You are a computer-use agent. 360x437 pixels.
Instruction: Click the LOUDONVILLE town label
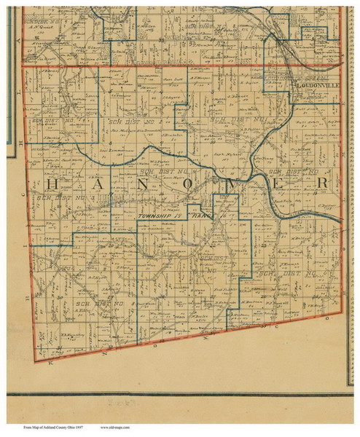coord(316,84)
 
